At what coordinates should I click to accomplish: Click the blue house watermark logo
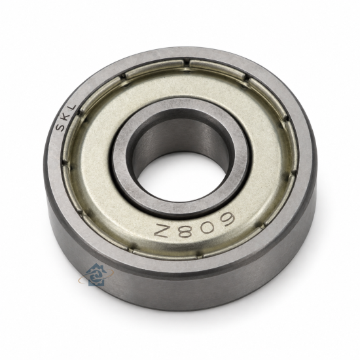(x=96, y=275)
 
